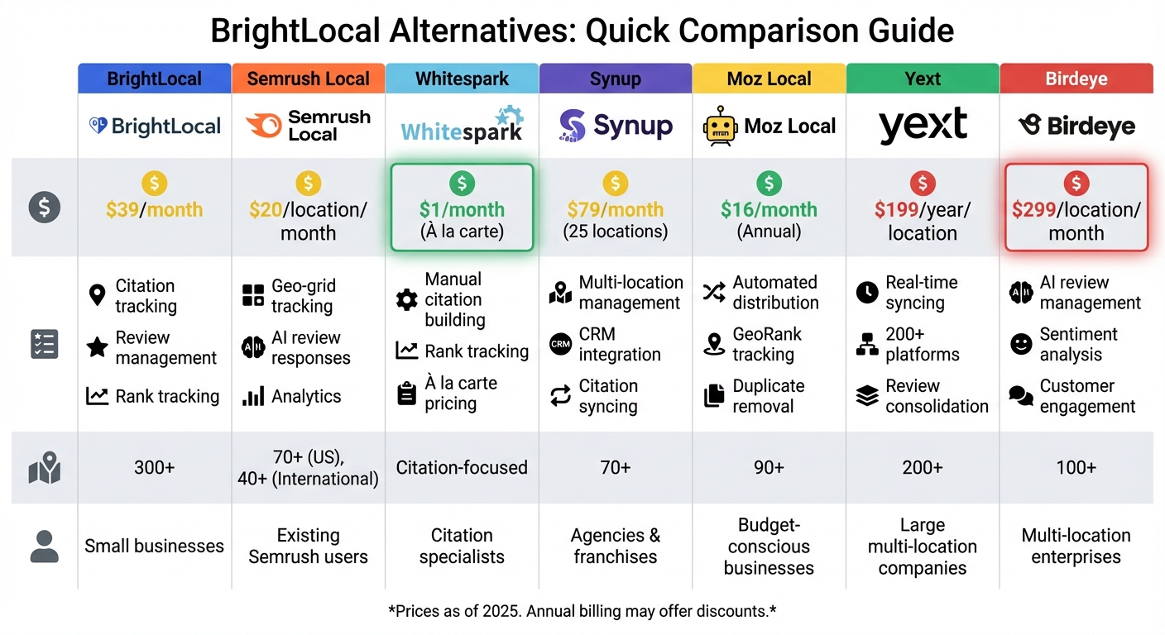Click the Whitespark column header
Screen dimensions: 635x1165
462,79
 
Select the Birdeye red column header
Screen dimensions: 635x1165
1076,79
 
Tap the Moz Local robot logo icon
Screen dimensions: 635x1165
719,126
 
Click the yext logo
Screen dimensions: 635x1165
922,126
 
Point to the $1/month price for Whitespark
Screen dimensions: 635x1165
462,210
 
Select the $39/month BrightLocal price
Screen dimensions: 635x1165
154,210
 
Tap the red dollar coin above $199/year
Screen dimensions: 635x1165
922,184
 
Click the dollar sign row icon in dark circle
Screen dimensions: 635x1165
44,207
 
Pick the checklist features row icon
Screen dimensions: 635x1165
44,344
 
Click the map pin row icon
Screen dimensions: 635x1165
44,467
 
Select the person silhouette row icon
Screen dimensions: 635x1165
44,547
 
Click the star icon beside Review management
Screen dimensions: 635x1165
98,347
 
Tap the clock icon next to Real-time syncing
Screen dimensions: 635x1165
866,293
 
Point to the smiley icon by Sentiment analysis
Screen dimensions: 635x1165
1021,345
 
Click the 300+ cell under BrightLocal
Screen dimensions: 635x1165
154,468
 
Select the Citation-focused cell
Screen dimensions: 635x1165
462,468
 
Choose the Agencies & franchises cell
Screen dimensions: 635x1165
615,546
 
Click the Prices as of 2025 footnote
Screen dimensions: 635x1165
582,612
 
